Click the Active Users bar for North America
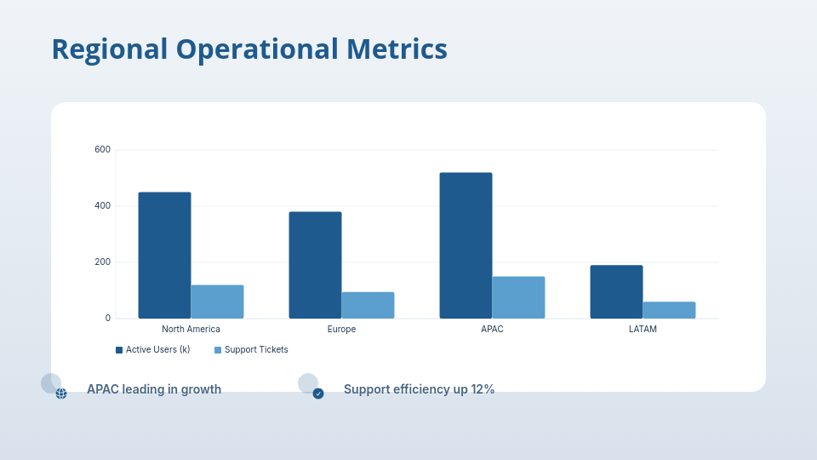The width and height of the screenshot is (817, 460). [164, 256]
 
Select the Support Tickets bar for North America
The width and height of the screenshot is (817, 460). [217, 302]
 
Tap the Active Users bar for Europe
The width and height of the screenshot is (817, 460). [315, 265]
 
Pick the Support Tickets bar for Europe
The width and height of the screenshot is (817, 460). [368, 305]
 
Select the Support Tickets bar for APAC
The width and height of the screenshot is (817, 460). [518, 297]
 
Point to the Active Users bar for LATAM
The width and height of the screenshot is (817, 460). [616, 291]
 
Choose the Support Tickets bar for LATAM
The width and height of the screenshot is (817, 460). [669, 310]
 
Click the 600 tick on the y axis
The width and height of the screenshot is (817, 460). [102, 150]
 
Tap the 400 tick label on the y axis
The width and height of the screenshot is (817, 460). [102, 206]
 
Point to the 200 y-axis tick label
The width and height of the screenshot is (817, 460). [102, 262]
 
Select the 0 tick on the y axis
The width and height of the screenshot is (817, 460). [107, 319]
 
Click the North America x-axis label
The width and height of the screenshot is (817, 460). [191, 330]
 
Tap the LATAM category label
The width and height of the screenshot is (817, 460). [643, 330]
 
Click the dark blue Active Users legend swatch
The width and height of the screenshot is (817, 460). [119, 350]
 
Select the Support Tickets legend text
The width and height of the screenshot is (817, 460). [256, 350]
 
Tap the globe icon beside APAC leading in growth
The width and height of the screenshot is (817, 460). [61, 394]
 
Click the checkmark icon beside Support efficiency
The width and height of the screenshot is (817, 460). [318, 394]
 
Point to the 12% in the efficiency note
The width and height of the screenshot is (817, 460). [483, 389]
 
